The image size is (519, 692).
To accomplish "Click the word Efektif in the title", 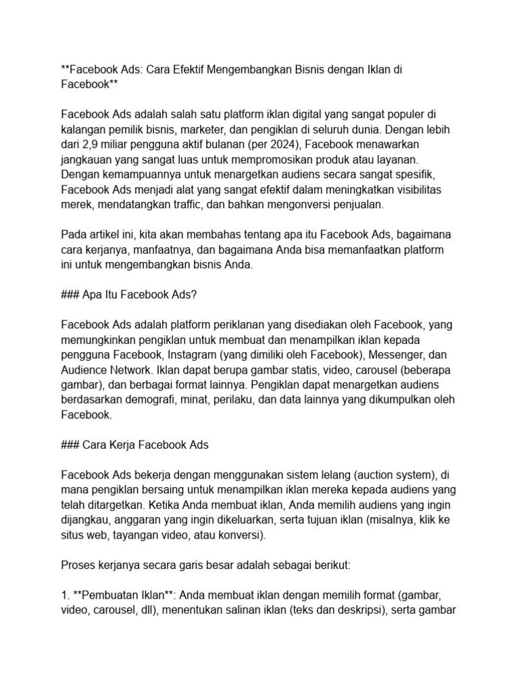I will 184,70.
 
